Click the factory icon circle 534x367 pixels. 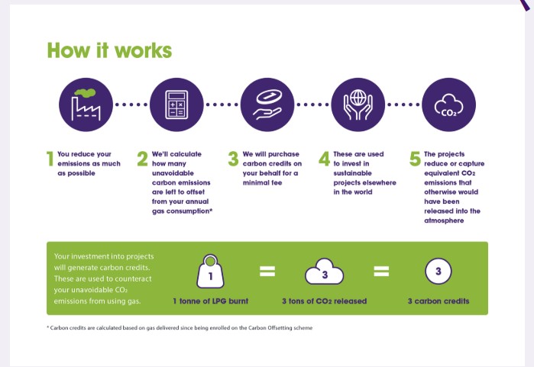tap(86, 105)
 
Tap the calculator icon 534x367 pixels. tap(176, 105)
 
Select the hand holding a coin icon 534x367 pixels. tap(267, 105)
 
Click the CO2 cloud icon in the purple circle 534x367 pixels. tap(449, 105)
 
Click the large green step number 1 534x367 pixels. tap(50, 159)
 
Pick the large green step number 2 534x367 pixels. tap(142, 159)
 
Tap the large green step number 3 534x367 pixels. tap(233, 159)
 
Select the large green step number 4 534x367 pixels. tap(324, 159)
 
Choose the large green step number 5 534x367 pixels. tap(415, 159)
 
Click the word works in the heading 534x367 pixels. tap(144, 50)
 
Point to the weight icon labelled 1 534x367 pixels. tap(210, 272)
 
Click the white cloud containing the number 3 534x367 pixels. tap(324, 272)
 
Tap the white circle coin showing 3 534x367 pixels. tap(439, 272)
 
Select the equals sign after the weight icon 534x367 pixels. tap(267, 271)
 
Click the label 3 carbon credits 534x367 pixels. tap(439, 301)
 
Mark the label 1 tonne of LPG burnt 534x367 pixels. tap(210, 301)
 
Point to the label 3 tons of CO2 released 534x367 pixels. tap(324, 301)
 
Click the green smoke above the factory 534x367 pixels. tap(85, 92)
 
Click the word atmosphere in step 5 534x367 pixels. tap(444, 221)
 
